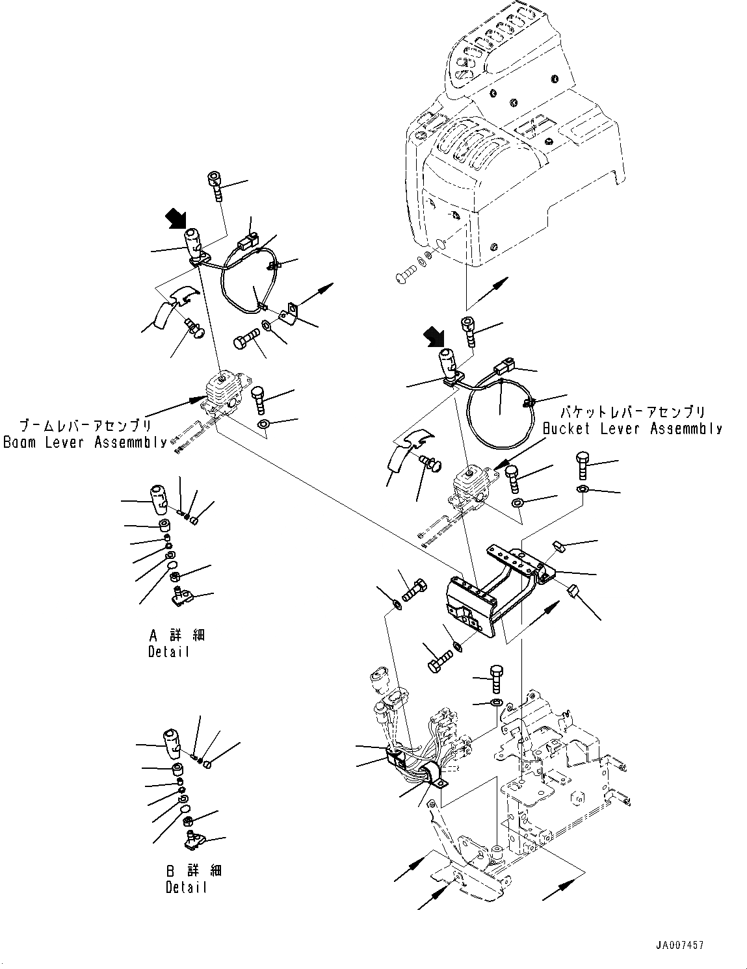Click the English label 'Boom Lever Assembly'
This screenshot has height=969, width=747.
(x=85, y=443)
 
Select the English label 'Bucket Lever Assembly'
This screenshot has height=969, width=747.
(x=631, y=429)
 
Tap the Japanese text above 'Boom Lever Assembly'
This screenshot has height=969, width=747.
(x=85, y=426)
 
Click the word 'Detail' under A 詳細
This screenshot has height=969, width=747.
(x=168, y=651)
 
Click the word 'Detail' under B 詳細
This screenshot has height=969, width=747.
(x=186, y=887)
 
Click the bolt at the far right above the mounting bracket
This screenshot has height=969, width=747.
(x=582, y=467)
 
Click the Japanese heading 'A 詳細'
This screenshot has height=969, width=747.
(x=177, y=635)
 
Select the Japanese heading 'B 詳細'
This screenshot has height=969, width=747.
(x=194, y=871)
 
